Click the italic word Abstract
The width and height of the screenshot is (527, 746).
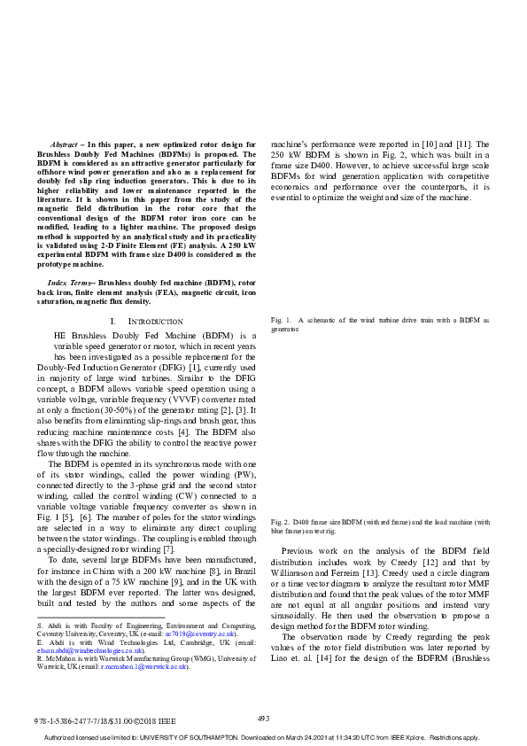[x=64, y=144]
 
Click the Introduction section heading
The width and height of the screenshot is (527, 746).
[x=156, y=321]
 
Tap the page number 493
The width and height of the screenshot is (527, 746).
[x=263, y=719]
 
